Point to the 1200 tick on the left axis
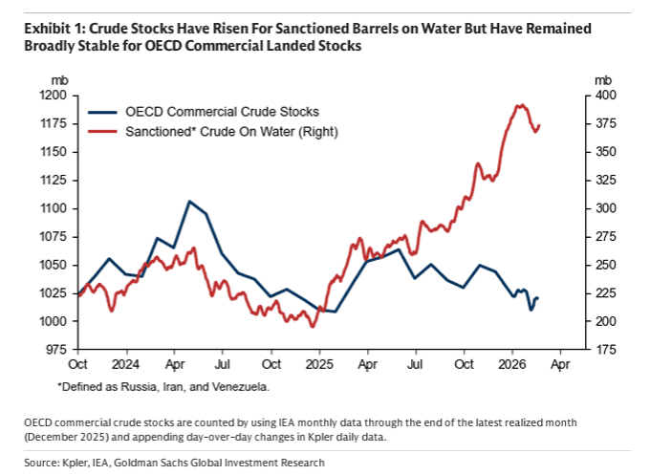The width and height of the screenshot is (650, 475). click(x=53, y=96)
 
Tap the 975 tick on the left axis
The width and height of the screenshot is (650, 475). click(x=55, y=350)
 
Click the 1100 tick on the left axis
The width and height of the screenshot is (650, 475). click(x=53, y=208)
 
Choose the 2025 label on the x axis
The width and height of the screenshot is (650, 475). click(x=319, y=364)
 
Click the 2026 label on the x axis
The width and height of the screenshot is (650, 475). click(x=512, y=364)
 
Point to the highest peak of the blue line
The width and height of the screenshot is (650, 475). click(x=189, y=202)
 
